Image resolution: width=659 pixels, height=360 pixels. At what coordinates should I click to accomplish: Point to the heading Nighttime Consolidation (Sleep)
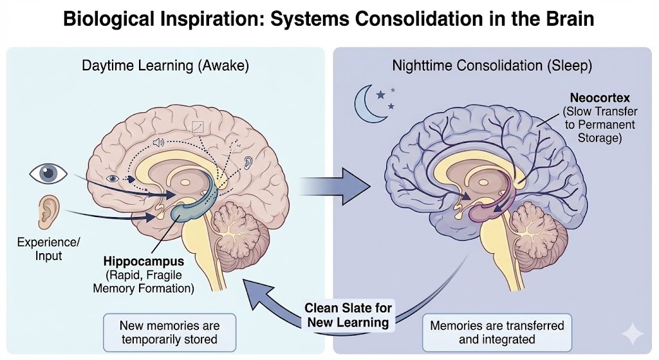tap(492, 65)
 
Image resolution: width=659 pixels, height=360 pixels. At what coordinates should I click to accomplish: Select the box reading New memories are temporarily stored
tap(169, 332)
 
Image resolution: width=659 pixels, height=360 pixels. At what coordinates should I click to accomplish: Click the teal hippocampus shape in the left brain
tap(193, 200)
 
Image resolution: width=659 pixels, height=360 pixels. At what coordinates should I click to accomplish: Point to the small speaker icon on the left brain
tap(158, 142)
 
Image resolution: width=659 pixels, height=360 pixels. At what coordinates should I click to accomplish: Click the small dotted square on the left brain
tap(198, 126)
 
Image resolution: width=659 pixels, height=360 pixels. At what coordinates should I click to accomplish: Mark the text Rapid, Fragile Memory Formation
tap(144, 281)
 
